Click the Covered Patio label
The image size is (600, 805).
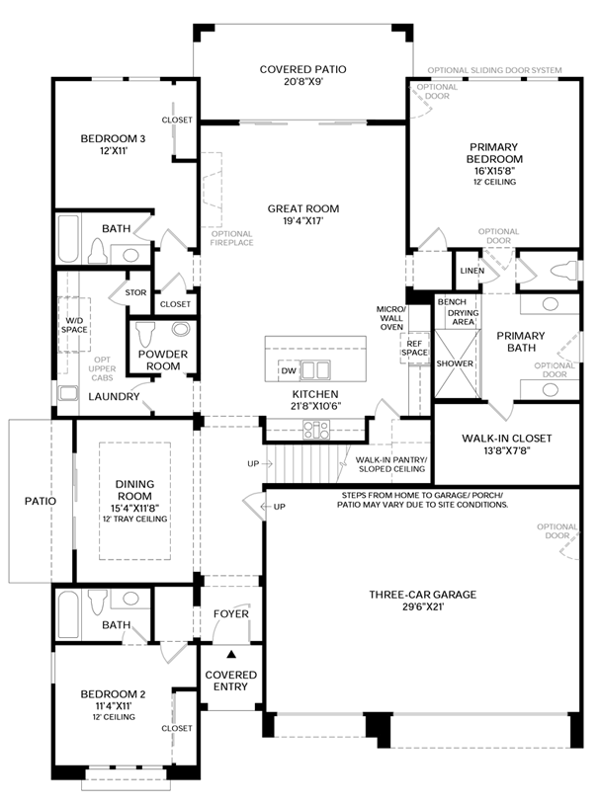click(x=301, y=69)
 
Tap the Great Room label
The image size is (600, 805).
click(x=302, y=208)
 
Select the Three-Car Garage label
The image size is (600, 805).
click(x=422, y=594)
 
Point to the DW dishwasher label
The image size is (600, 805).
click(x=289, y=370)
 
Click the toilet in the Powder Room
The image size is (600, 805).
click(x=150, y=330)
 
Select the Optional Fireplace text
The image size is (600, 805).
click(x=231, y=237)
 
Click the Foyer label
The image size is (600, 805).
click(x=231, y=613)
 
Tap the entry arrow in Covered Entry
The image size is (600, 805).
click(x=231, y=654)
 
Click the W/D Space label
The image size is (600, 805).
click(x=74, y=324)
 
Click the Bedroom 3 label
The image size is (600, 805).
click(x=113, y=139)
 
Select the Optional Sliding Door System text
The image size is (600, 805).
click(x=494, y=71)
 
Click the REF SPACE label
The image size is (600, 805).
click(x=414, y=347)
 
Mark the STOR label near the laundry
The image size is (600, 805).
click(x=135, y=292)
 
